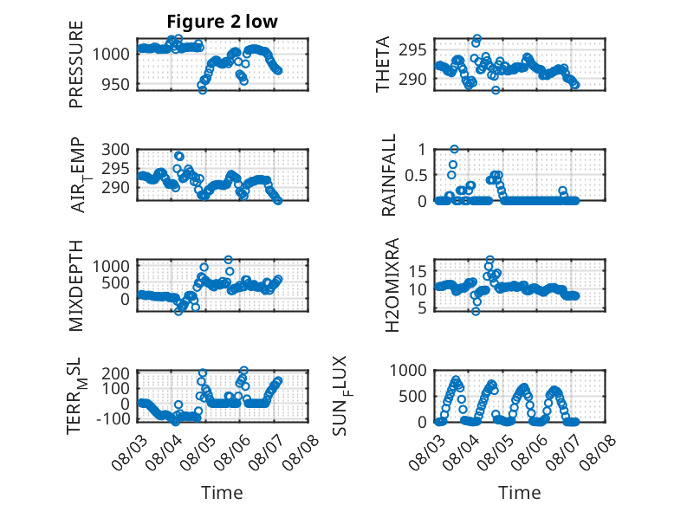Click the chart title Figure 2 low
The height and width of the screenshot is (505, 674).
[x=223, y=22]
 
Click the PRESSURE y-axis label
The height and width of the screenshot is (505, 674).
[x=75, y=64]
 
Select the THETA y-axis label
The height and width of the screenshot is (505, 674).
[x=383, y=64]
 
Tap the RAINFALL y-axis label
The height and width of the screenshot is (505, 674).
[x=388, y=175]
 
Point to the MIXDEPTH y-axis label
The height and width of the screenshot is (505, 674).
[x=75, y=286]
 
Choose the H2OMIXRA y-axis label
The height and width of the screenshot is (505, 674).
[x=392, y=285]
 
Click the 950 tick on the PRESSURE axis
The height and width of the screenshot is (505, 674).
[x=115, y=85]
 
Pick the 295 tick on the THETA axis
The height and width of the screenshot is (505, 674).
[x=412, y=50]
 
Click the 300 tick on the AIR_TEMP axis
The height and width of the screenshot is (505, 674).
[x=115, y=150]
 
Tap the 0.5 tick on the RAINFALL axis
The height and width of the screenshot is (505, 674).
[x=416, y=175]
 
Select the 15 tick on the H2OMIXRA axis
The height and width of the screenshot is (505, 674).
[x=418, y=271]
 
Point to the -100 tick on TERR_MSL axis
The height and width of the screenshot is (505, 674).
[x=113, y=418]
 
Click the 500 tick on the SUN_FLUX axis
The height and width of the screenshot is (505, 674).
[x=412, y=396]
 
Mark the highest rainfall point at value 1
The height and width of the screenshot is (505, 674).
[x=454, y=149]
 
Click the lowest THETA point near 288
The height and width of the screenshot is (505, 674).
[x=496, y=90]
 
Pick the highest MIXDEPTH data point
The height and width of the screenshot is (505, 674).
[x=228, y=260]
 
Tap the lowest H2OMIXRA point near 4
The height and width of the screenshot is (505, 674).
[x=476, y=311]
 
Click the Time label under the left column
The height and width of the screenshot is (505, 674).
[x=222, y=493]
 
